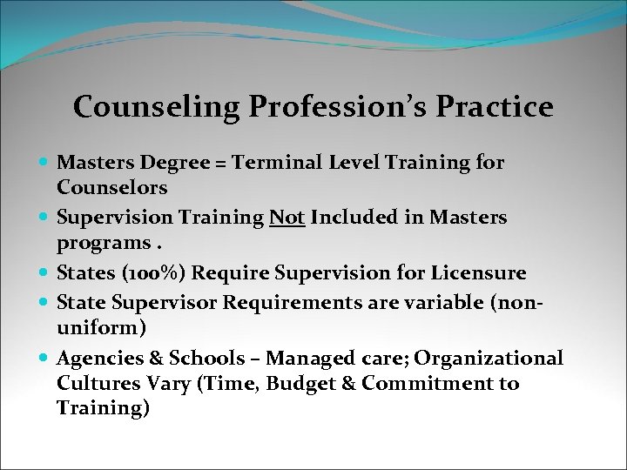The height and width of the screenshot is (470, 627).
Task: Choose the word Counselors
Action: click(111, 187)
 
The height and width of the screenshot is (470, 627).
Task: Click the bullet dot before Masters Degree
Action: click(44, 163)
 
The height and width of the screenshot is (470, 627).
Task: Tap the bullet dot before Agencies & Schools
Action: click(44, 359)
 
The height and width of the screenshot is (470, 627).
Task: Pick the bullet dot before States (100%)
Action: click(44, 273)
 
